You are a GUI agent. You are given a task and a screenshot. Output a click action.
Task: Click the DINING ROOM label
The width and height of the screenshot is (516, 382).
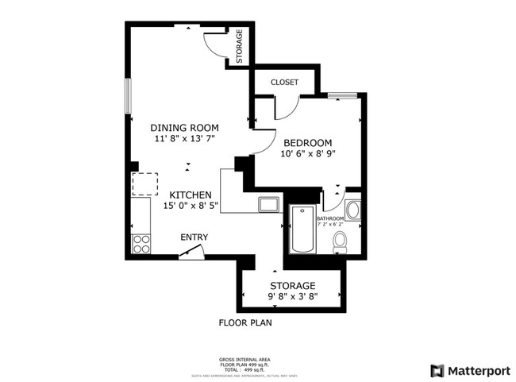pyautogui.click(x=185, y=128)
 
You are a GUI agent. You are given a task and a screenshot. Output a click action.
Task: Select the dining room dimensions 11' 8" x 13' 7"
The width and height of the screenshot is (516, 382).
pyautogui.click(x=185, y=139)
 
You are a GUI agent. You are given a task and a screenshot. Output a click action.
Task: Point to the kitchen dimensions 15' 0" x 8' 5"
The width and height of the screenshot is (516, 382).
pyautogui.click(x=191, y=206)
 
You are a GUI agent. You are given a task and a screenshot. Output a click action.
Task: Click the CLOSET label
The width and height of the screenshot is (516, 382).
pyautogui.click(x=284, y=83)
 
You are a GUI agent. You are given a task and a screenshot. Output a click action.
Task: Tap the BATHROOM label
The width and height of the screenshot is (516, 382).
pyautogui.click(x=330, y=218)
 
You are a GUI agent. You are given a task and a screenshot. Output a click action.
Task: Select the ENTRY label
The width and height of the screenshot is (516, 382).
pyautogui.click(x=194, y=237)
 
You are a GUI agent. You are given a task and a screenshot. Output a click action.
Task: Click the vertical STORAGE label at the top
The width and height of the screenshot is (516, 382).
pyautogui.click(x=239, y=47)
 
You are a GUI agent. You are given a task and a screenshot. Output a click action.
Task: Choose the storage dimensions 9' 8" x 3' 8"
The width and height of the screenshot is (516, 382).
pyautogui.click(x=292, y=297)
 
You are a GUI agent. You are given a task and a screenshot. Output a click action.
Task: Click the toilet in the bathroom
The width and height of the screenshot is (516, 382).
pyautogui.click(x=339, y=241)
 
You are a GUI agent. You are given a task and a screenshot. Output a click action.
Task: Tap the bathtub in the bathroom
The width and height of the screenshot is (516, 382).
pyautogui.click(x=302, y=230)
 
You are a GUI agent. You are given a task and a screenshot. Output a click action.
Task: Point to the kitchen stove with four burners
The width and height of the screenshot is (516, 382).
pyautogui.click(x=142, y=243)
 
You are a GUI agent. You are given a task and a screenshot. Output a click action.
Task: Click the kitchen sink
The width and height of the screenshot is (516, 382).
pyautogui.click(x=267, y=204)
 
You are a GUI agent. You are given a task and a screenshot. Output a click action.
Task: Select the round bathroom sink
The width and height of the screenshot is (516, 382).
pyautogui.click(x=353, y=210)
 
